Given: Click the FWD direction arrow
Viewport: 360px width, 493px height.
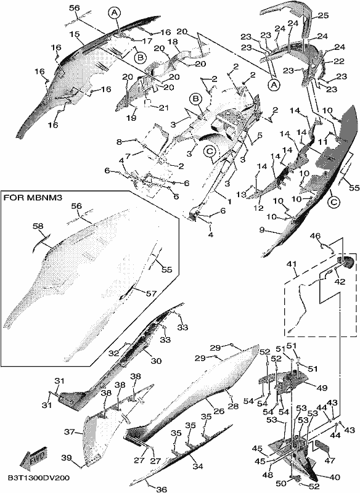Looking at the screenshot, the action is (x=33, y=456).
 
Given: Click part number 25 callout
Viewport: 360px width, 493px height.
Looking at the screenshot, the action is (x=322, y=15).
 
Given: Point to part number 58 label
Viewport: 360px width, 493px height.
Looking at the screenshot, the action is (x=38, y=226).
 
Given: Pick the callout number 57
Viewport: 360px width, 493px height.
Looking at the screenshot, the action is (x=151, y=293).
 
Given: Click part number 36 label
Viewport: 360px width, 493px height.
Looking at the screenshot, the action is (x=162, y=489).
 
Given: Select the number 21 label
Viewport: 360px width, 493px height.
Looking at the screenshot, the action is (x=163, y=107).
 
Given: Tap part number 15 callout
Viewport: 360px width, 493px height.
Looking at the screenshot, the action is (x=75, y=34).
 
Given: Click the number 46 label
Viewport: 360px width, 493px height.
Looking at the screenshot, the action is (x=316, y=236).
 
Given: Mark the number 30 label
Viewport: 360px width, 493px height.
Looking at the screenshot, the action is (x=156, y=361).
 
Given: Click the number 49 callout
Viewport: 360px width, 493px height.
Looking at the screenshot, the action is (x=322, y=388).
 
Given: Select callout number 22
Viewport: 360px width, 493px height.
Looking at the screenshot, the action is (x=340, y=61).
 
